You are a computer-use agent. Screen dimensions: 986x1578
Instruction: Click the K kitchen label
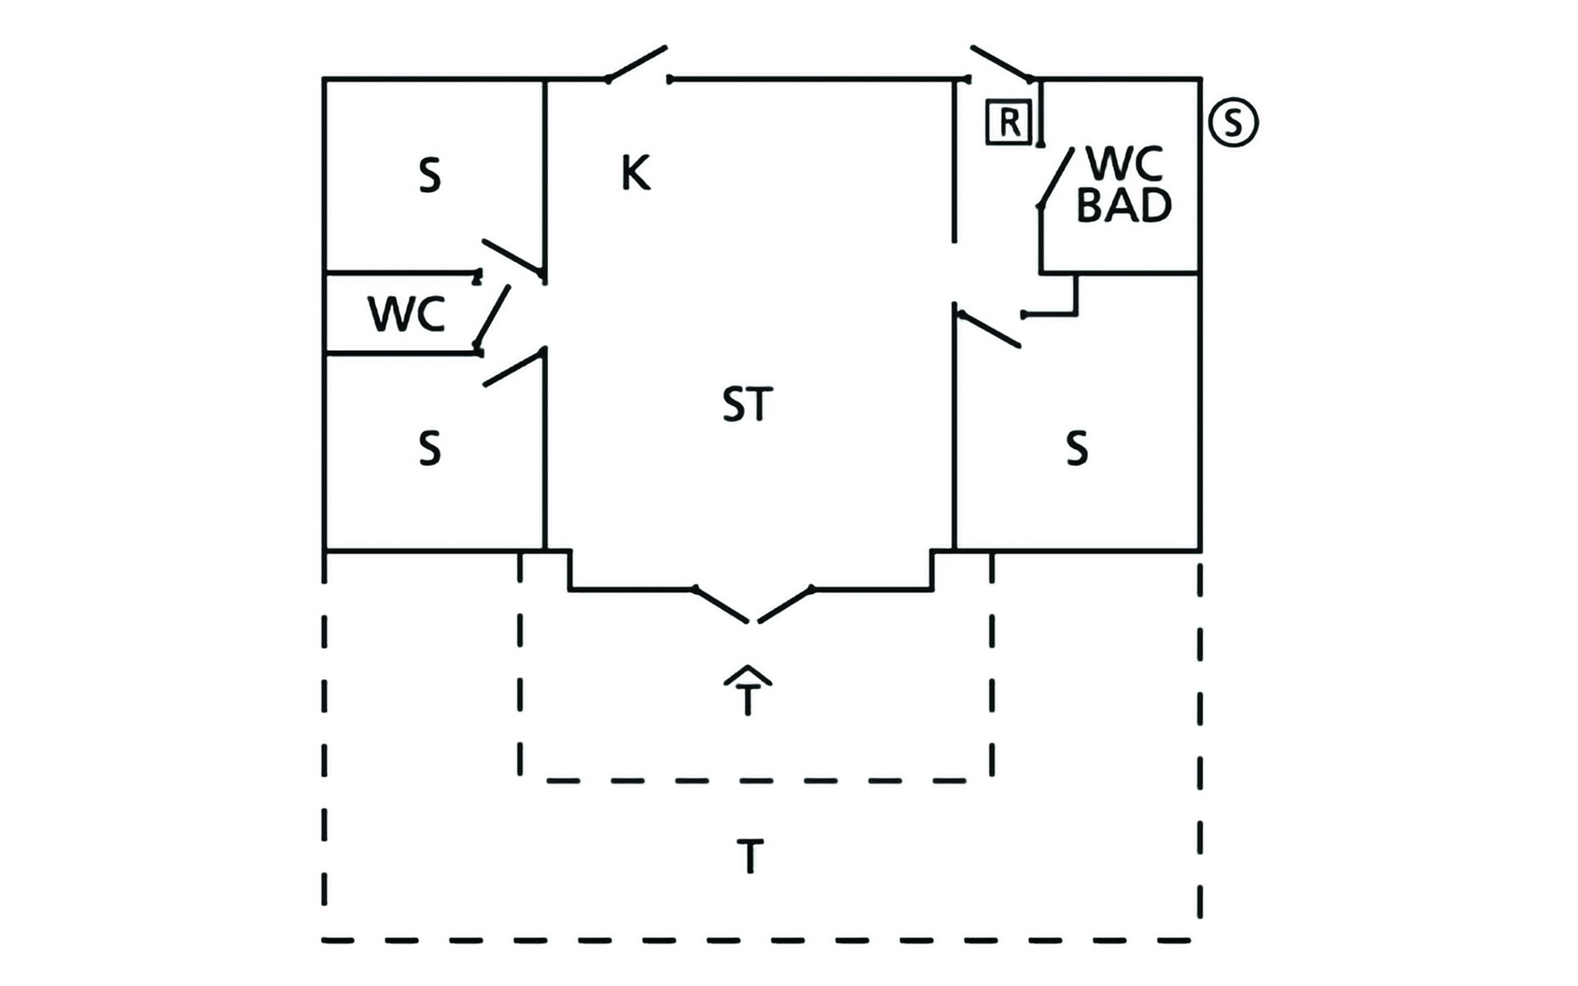click(x=635, y=173)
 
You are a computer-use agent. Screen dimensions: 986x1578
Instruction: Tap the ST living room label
click(x=747, y=404)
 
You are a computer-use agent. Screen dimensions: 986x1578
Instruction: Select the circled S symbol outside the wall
click(x=1234, y=122)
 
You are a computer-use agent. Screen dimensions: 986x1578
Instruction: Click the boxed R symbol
click(x=1008, y=123)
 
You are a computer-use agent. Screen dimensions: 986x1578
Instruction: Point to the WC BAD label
click(x=1124, y=186)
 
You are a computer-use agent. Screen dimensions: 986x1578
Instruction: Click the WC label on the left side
click(x=406, y=314)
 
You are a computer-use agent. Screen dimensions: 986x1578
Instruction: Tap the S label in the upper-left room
click(x=430, y=176)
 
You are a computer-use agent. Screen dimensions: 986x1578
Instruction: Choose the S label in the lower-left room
click(x=430, y=449)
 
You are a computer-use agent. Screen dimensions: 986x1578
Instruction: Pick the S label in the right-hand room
click(x=1077, y=449)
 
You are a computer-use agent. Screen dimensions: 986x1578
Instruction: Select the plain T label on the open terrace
click(x=750, y=856)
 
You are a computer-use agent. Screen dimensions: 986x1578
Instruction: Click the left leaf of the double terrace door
click(x=721, y=605)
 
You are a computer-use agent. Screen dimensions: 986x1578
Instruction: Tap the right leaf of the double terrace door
click(x=785, y=605)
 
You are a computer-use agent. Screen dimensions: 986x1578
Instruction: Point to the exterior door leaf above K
click(x=637, y=63)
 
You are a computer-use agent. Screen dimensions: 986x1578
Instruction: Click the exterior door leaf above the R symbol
click(x=1001, y=63)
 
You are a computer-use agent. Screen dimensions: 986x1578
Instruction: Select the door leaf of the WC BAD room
click(x=1056, y=177)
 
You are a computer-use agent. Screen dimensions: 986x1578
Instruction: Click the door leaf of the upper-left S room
click(x=513, y=256)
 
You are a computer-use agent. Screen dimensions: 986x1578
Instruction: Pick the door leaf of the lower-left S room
click(x=514, y=367)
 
